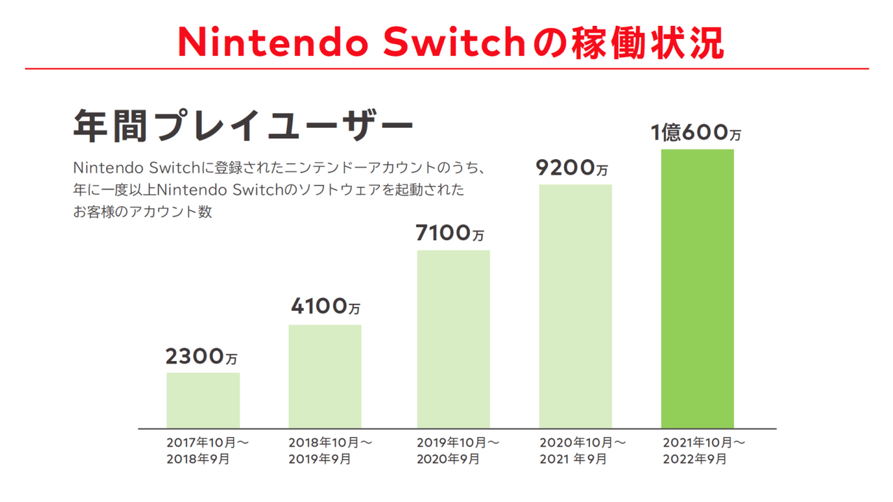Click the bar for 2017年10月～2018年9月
tap(203, 401)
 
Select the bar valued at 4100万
tap(325, 377)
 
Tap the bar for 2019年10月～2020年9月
tap(453, 339)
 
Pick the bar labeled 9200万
tap(575, 307)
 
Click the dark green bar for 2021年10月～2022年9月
tap(698, 289)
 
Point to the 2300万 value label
tap(201, 356)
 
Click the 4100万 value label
tap(325, 307)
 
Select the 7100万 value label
tap(450, 233)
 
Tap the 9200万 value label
tap(572, 168)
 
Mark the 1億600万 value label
tap(696, 133)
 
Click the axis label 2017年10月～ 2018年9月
tap(207, 450)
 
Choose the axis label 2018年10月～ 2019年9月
tap(330, 450)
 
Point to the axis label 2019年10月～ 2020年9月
tap(458, 450)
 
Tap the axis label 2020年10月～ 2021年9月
tap(582, 450)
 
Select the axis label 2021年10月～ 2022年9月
tap(704, 450)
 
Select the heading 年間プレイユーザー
tap(243, 126)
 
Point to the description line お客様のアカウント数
tap(142, 212)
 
